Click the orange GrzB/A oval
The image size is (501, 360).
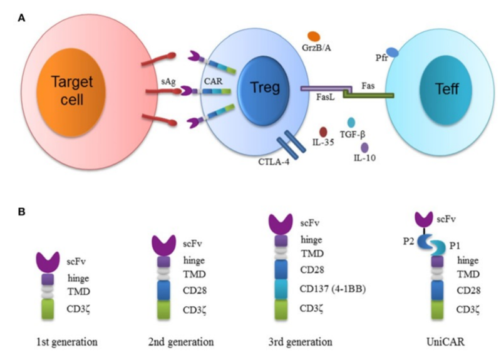tap(314, 37)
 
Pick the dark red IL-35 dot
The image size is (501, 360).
tap(323, 132)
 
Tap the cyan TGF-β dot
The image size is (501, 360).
tap(352, 123)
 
